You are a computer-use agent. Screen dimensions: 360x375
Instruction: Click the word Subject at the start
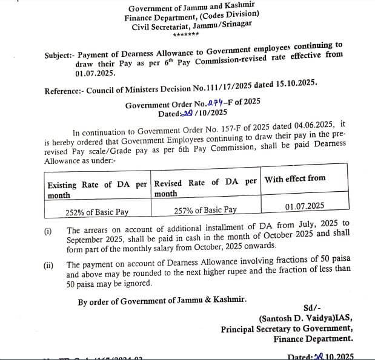58,56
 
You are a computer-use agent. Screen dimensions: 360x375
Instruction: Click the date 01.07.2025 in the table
305,206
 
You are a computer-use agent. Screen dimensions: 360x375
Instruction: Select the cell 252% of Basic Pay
97,212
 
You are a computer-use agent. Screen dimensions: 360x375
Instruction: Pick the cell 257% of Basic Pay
205,210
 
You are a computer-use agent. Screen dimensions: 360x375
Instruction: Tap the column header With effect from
295,178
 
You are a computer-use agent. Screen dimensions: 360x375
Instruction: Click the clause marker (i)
48,231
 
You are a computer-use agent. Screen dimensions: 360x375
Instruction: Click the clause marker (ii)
48,265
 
